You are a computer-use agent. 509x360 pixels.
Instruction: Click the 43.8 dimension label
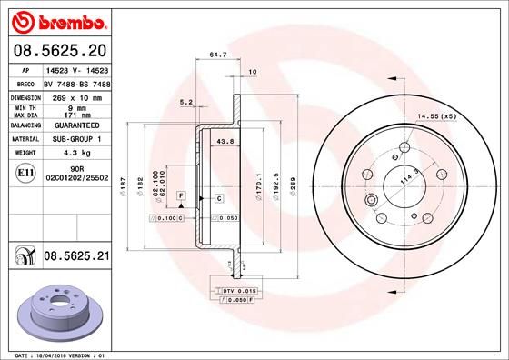(x=226, y=141)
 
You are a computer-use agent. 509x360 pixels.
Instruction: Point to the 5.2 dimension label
(x=186, y=102)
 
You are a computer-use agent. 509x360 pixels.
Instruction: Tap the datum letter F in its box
(x=182, y=196)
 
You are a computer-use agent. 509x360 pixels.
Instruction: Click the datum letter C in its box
(x=219, y=197)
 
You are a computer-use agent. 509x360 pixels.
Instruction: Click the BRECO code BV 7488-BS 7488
(x=77, y=83)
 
